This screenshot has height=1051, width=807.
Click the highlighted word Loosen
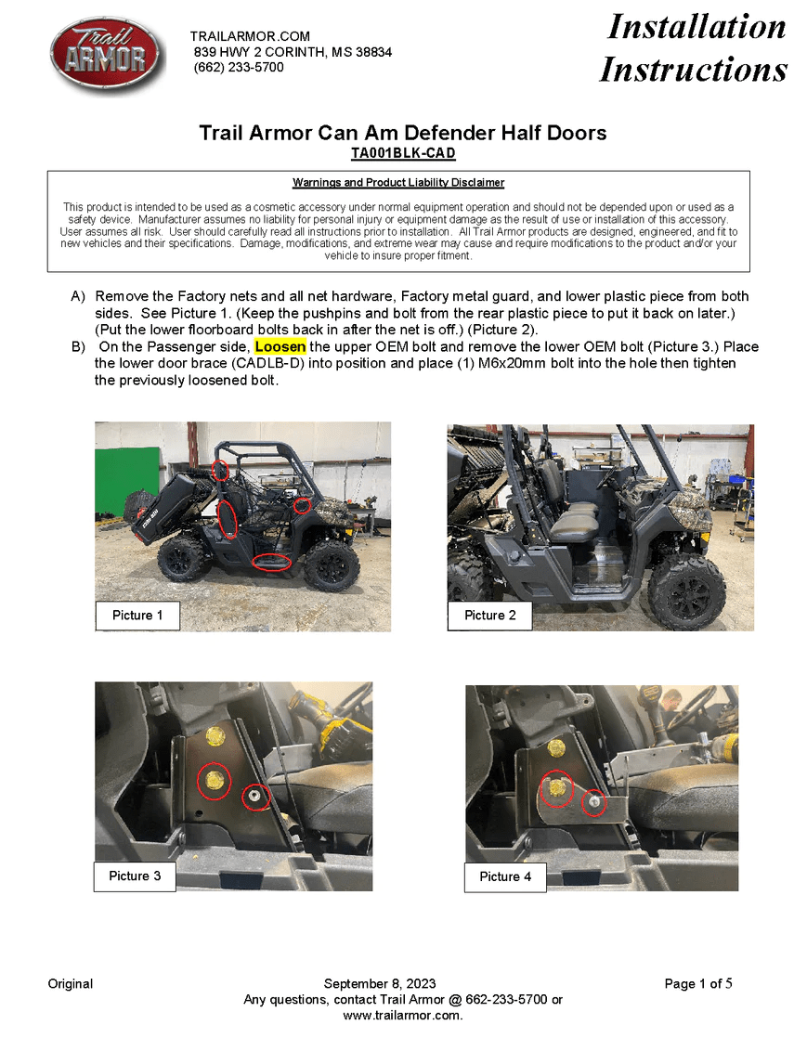tap(280, 347)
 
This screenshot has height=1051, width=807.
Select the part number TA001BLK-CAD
tap(403, 153)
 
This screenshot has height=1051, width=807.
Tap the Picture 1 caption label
tap(137, 616)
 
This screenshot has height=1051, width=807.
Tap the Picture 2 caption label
tap(489, 616)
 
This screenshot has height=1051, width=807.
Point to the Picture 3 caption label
tap(135, 876)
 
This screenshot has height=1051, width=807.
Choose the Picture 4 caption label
tap(505, 876)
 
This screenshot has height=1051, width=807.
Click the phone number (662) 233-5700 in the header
tap(239, 68)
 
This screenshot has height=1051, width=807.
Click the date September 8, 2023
tap(380, 984)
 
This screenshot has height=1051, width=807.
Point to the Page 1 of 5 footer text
tap(698, 984)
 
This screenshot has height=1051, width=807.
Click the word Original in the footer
tap(71, 984)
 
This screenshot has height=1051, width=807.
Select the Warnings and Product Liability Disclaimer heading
tap(398, 183)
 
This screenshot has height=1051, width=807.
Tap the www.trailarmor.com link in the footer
tap(403, 1016)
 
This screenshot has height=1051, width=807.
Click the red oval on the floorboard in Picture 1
tap(272, 562)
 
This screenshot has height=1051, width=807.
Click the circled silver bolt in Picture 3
tap(256, 796)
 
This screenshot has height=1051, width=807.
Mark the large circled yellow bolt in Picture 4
tap(556, 788)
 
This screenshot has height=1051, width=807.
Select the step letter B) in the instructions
tap(79, 347)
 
